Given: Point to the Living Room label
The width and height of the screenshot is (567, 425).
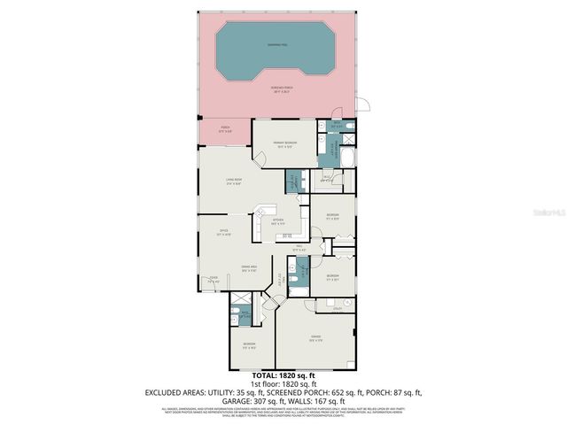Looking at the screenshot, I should [x=234, y=182].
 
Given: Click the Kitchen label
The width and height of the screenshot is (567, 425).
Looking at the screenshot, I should [x=277, y=221].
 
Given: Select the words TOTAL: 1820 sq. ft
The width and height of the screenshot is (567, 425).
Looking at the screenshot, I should [x=283, y=375].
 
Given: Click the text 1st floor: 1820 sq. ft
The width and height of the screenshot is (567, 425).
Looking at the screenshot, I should [x=283, y=383].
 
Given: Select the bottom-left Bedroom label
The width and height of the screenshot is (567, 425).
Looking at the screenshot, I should [x=250, y=344].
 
